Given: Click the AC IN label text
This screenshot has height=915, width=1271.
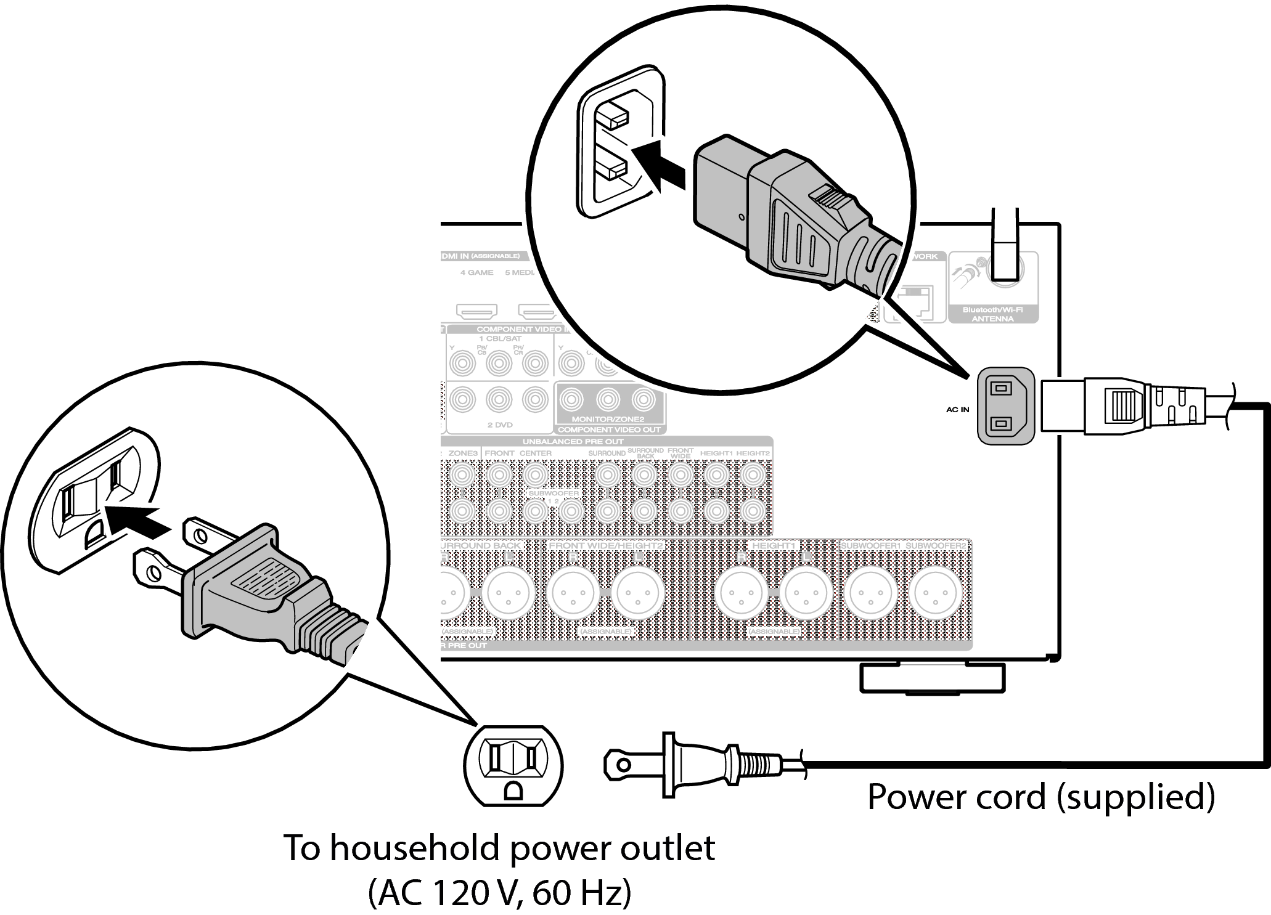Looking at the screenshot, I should point(957,409).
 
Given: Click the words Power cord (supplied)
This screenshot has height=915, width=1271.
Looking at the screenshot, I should point(1040,796).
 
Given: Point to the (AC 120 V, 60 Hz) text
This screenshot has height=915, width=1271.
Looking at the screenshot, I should point(499,893).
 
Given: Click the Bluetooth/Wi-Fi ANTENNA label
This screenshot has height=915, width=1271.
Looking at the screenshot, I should point(992,314).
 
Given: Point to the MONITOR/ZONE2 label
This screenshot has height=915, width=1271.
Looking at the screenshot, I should point(608,419).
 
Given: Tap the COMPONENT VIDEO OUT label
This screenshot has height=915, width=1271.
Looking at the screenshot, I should point(609,429).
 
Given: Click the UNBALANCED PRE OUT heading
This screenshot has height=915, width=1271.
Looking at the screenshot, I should point(573,442).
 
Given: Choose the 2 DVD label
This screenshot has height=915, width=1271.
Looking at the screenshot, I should point(500,425).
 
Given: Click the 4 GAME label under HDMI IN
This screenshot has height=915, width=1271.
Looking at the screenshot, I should point(476,272).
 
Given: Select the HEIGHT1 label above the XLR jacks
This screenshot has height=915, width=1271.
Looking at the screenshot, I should point(774,546).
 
